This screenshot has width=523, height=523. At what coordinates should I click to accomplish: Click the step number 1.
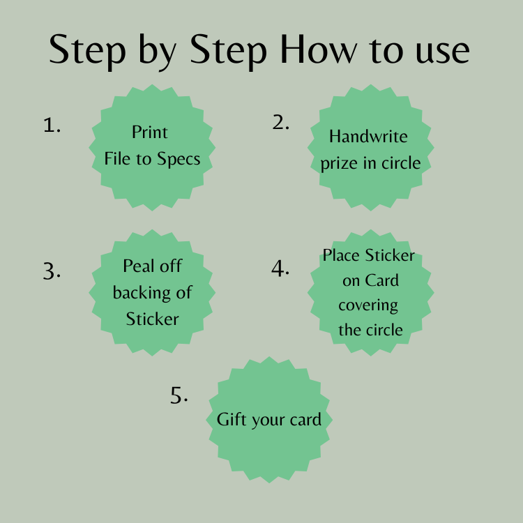[52, 126]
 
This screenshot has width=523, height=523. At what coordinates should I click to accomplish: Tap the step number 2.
[280, 122]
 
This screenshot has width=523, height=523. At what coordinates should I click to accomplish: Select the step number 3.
[52, 271]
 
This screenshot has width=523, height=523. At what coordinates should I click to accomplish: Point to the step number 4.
[280, 268]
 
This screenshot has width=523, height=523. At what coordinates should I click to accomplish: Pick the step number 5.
[179, 395]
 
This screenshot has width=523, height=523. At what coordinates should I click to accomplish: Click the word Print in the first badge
[149, 132]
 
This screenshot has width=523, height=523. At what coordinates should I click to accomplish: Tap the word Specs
[179, 159]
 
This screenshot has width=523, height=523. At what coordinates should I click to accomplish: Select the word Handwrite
[368, 136]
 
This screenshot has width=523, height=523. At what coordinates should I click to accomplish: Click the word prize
[339, 163]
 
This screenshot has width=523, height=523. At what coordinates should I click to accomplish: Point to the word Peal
[139, 266]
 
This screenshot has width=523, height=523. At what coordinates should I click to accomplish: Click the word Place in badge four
[341, 255]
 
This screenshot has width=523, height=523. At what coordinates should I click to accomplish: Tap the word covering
[368, 305]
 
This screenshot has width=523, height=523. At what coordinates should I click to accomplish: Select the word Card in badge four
[381, 280]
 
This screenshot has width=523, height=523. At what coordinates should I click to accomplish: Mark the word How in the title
[319, 50]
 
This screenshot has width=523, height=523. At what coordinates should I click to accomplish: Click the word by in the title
[157, 52]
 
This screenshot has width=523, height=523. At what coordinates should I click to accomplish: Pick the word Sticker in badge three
[153, 319]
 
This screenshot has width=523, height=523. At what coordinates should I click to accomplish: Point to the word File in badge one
[116, 158]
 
